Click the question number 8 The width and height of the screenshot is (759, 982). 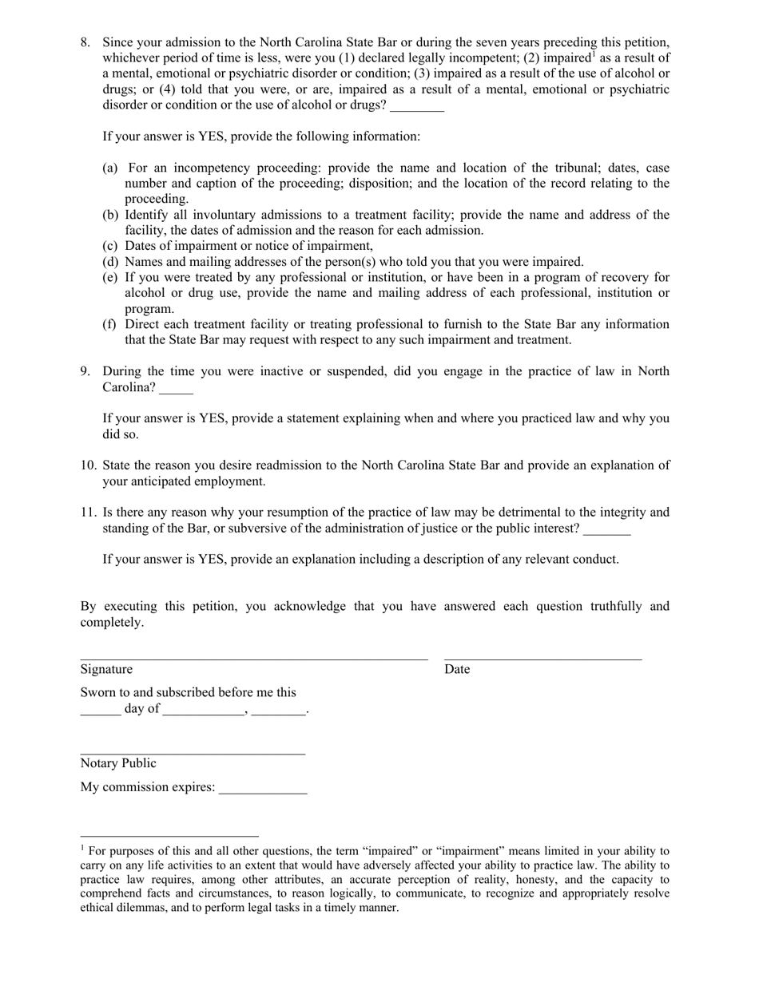coord(85,42)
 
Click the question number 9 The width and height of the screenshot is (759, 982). coord(85,371)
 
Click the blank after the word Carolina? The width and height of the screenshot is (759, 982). coord(176,390)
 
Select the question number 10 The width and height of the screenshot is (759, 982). coord(88,465)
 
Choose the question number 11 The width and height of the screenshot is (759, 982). coord(88,513)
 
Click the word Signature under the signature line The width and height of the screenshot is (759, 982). coord(106,669)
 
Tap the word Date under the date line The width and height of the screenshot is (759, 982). coord(457,669)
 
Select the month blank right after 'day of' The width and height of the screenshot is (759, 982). coord(203,712)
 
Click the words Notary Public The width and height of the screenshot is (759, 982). coord(118,763)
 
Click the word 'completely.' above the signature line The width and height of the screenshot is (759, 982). coord(112,622)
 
